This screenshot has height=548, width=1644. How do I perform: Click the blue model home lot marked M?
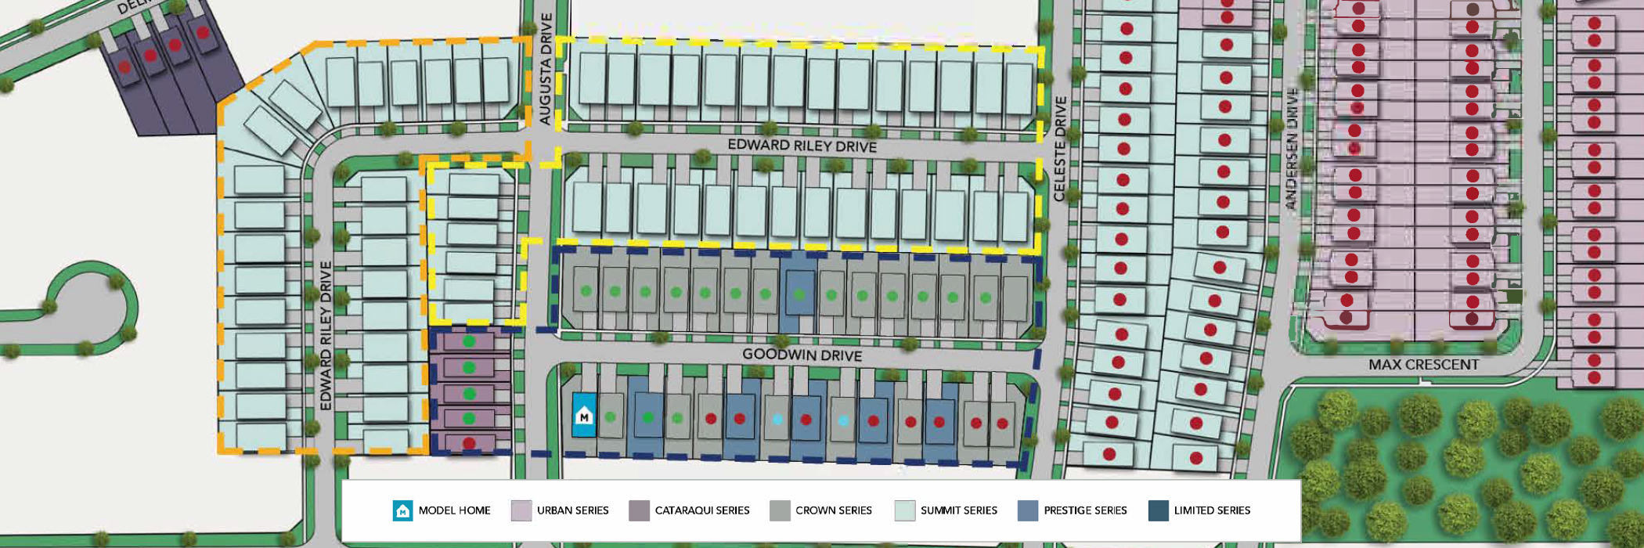coord(583,416)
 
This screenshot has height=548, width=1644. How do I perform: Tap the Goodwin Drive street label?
coord(802,355)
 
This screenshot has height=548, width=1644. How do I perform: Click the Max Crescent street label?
coord(1423,365)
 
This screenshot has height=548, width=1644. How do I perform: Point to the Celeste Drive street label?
coord(1060,149)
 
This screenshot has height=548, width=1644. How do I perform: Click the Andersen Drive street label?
coord(1291,149)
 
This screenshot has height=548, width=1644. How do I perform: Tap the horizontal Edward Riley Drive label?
coord(802,146)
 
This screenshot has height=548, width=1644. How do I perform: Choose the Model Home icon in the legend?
coord(402,510)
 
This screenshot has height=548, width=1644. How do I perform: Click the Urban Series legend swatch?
coord(521,510)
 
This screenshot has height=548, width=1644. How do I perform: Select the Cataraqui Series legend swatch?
coord(639,510)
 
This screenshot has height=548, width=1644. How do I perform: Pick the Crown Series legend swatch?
coord(780,510)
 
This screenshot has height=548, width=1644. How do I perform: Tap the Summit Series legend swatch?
coord(904,510)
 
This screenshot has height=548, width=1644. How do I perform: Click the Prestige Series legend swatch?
coord(1027,510)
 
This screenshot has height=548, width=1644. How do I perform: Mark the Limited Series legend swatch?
coord(1158,510)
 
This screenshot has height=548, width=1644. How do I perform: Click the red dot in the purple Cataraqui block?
coord(469,443)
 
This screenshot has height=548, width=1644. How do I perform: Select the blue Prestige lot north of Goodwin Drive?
coord(799,294)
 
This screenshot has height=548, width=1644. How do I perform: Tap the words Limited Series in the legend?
coord(1212,510)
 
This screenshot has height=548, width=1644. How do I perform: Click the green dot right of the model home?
coord(611,417)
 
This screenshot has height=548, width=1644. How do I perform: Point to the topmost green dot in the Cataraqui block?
coord(469,341)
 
